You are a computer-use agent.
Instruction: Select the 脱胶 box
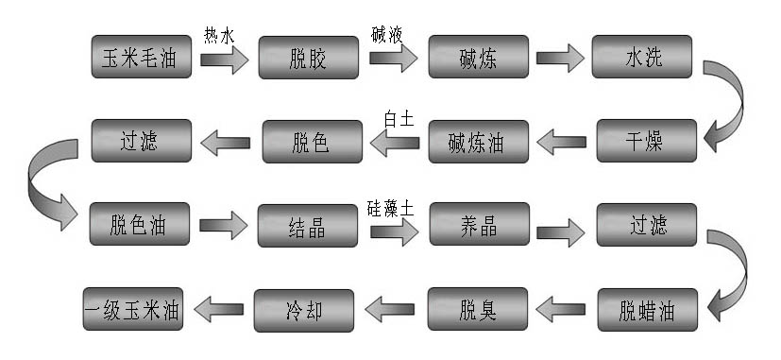[310, 59]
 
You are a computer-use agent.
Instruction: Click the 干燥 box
[648, 142]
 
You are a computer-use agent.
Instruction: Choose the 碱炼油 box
[479, 143]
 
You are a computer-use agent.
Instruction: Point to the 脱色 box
[312, 143]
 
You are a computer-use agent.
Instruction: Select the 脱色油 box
[143, 225]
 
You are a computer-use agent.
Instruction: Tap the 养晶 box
[478, 226]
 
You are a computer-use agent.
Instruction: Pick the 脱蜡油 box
[648, 309]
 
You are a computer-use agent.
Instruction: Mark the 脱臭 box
[478, 309]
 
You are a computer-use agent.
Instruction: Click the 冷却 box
[305, 309]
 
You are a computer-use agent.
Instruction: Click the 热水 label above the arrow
[218, 35]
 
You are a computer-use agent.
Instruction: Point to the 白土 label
[398, 119]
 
